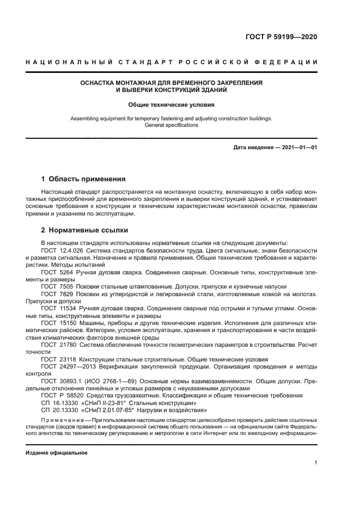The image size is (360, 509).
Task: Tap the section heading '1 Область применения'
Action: [84, 179]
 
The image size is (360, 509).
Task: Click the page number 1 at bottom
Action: [315, 463]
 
